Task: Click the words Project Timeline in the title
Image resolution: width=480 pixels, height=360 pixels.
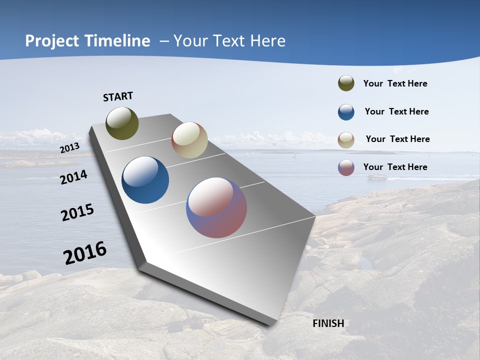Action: click(x=87, y=41)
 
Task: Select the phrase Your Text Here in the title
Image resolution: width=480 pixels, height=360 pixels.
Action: click(x=229, y=41)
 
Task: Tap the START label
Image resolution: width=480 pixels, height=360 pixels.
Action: click(x=118, y=96)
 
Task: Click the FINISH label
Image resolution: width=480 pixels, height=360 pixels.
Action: click(x=328, y=323)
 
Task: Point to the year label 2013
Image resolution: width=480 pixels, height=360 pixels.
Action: click(x=69, y=148)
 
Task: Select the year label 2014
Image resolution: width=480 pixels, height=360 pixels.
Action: click(x=73, y=177)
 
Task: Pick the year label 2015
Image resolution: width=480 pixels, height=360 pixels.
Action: click(x=77, y=212)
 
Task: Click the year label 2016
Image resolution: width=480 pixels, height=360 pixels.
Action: click(x=85, y=253)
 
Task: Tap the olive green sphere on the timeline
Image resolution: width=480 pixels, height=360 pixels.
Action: click(x=122, y=123)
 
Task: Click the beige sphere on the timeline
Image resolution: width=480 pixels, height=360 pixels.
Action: click(x=189, y=140)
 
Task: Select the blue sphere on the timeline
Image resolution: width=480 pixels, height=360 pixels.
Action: click(x=145, y=180)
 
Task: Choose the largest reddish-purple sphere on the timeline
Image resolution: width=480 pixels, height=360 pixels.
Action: click(x=216, y=207)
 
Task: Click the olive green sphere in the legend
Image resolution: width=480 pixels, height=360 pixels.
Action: click(x=346, y=83)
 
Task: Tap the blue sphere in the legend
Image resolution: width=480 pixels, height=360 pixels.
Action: click(x=346, y=112)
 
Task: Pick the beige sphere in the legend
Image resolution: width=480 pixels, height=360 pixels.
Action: click(x=346, y=140)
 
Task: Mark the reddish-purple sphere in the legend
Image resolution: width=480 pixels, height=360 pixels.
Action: click(x=346, y=167)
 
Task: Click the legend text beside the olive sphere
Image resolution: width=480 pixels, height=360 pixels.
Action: click(x=395, y=83)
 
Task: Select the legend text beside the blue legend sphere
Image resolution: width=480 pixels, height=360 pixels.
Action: click(x=396, y=111)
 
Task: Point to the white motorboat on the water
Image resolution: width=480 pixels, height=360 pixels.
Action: click(x=377, y=176)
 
